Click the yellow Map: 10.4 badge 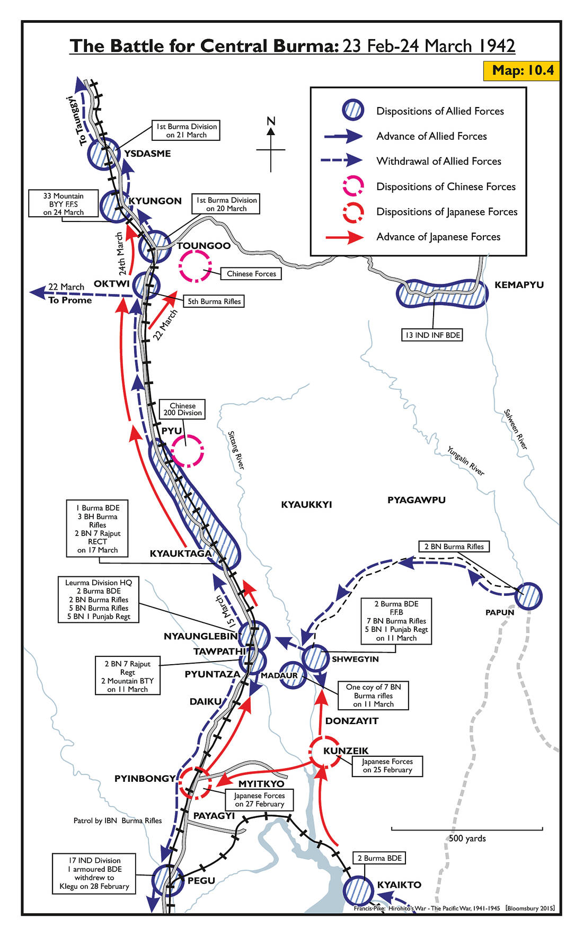[523, 70]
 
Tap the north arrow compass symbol [271, 146]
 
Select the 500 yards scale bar [467, 829]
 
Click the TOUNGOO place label [204, 246]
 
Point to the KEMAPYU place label [519, 285]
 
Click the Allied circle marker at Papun [528, 596]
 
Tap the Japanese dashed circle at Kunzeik [324, 751]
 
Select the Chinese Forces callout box [251, 274]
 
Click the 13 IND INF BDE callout [432, 335]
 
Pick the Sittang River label [236, 450]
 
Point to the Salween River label [516, 430]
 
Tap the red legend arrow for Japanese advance [344, 237]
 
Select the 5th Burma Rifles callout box [214, 301]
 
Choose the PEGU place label [201, 880]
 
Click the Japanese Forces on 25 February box [387, 766]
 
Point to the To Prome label [70, 300]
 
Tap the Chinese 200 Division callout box [182, 409]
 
